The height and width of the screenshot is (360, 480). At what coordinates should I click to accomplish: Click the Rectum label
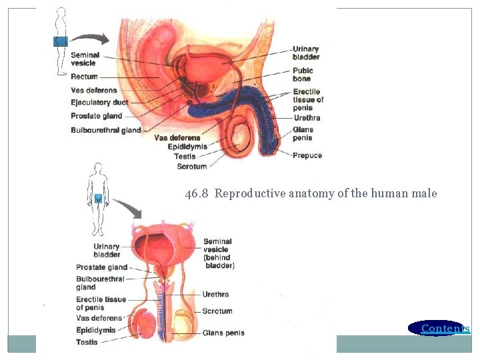coord(84,77)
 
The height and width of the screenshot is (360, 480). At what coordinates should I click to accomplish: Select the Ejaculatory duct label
coord(99,103)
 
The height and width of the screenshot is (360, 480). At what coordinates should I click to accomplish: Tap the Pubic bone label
coord(302,74)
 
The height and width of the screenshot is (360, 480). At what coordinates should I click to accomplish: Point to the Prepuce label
coord(307,155)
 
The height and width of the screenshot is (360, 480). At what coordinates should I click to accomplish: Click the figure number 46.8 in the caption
coord(197,194)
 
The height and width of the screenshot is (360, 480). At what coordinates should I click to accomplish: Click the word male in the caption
coord(425,194)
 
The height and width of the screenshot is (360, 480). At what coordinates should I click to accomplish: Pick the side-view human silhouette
coord(61,33)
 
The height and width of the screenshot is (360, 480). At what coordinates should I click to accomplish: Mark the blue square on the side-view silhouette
coord(61,41)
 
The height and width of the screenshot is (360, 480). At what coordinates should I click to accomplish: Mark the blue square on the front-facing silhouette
coord(99,197)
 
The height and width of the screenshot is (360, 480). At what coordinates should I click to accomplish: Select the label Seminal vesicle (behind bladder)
coord(218,253)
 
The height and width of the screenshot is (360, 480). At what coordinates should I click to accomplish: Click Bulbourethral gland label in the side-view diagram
coord(105,130)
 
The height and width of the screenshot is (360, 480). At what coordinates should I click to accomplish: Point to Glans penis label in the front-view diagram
coord(223,333)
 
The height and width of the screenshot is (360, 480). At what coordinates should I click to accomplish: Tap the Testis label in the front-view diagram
coord(87,342)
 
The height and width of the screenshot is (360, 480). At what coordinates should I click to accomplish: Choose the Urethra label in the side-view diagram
coord(307,118)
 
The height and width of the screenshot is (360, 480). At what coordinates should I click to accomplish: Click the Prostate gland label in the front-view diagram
coord(101,267)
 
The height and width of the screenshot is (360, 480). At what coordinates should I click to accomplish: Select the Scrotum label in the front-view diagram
coord(217,311)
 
